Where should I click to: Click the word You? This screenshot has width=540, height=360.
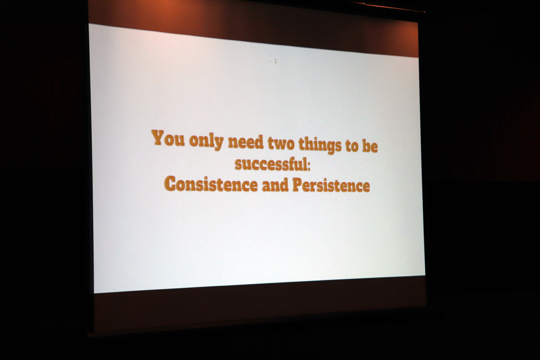tap(168, 138)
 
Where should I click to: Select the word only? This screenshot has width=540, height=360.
tap(206, 141)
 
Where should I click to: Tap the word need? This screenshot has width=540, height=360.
tap(246, 142)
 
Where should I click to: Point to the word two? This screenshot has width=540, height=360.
tap(281, 143)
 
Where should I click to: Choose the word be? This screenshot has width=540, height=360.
tap(370, 146)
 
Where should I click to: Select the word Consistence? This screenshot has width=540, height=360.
tap(211, 184)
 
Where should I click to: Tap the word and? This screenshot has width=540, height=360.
tap(275, 185)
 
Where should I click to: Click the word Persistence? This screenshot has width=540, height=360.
tap(331, 186)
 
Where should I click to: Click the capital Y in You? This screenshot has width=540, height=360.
tap(158, 137)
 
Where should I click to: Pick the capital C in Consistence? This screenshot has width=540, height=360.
tap(170, 184)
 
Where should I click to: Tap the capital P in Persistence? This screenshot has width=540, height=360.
tap(298, 185)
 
